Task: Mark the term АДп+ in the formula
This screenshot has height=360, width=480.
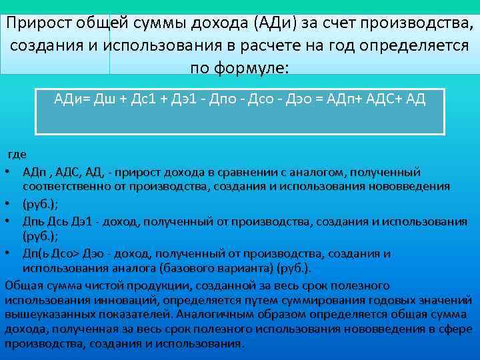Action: (x=341, y=99)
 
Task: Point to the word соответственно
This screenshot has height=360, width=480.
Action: (x=66, y=185)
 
